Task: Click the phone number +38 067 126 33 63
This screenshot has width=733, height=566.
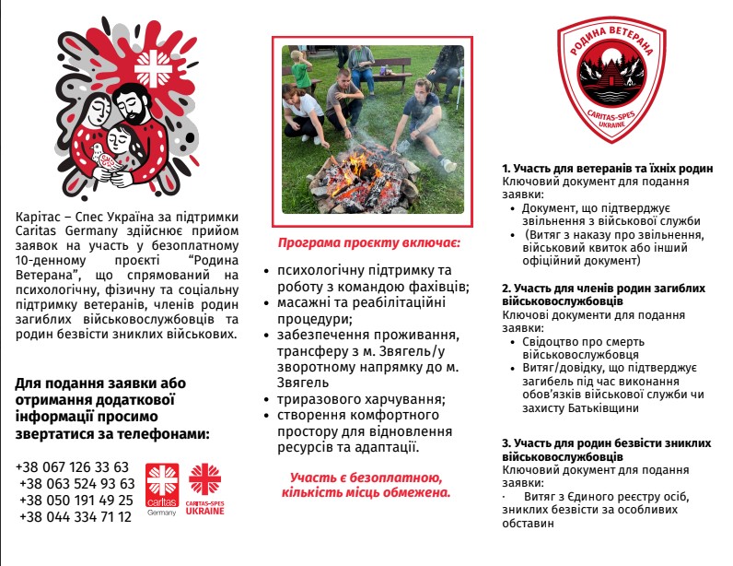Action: coord(73,466)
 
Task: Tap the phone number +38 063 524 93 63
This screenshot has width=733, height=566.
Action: coord(76,483)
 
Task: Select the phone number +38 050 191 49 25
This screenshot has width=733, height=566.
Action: coord(76,500)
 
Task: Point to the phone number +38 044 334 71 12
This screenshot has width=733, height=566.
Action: coord(74,516)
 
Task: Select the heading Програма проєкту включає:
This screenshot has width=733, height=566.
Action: coord(369,244)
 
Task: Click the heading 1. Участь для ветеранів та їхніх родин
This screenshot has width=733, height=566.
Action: coord(608,169)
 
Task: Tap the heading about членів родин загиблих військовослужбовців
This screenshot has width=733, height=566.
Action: coord(604,294)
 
